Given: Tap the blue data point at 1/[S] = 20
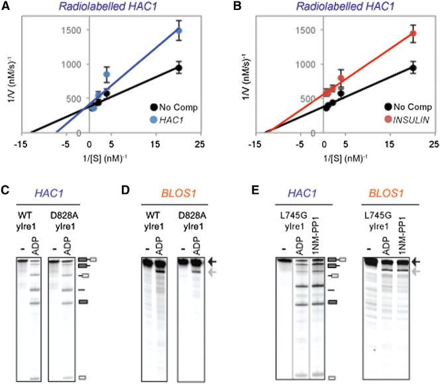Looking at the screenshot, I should tap(178, 30).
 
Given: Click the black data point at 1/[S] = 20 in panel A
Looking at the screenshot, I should tap(178, 68).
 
